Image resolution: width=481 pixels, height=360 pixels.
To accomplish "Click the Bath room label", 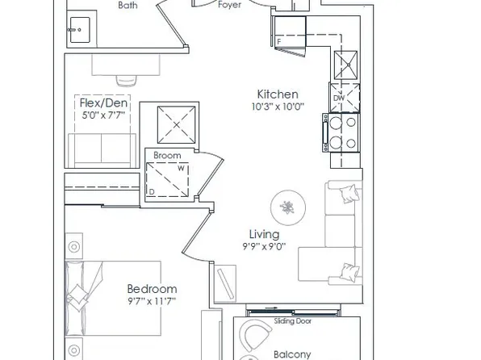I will coord(127,5).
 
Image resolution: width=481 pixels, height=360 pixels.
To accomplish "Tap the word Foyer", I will coord(230,5).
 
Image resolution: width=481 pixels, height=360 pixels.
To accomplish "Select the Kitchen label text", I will coord(278,94).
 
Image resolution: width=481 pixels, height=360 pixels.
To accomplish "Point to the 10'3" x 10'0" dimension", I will coord(278,106).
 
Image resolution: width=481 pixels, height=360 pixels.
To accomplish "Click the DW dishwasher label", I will coord(339,98).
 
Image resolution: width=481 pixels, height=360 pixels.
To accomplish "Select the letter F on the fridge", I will coord(279,41).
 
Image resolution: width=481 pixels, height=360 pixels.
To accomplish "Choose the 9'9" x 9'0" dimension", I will coord(263,248).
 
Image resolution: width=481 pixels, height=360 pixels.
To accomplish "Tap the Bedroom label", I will coord(152,289).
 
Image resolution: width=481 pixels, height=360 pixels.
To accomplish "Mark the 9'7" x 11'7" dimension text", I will coord(152,300).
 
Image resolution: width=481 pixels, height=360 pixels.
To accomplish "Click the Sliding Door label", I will coord(294,320).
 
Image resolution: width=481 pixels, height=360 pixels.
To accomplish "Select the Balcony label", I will coord(292,354).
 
